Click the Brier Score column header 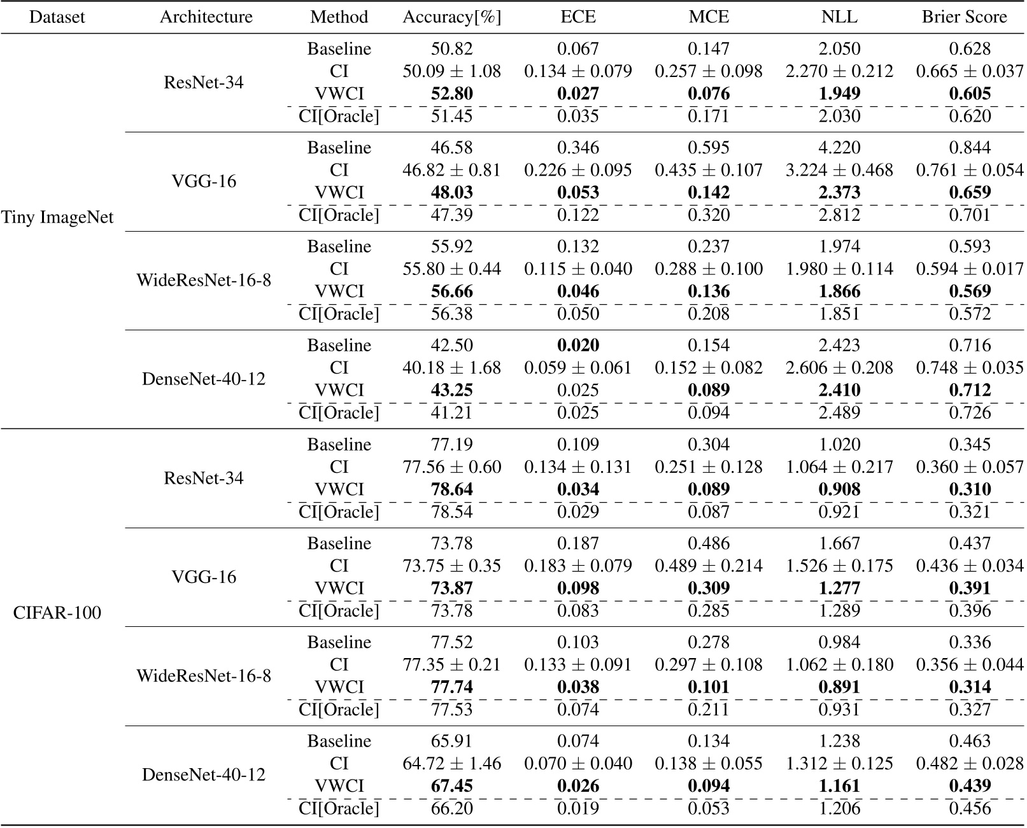(x=964, y=17)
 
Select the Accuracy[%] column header (x=451, y=17)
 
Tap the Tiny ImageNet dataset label (x=57, y=218)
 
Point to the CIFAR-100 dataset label (x=57, y=614)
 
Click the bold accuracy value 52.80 (x=451, y=94)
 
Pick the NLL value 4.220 (x=839, y=148)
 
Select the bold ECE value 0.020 (x=578, y=346)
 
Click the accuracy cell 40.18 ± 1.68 (x=451, y=368)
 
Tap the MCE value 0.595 (x=709, y=148)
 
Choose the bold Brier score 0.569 (x=970, y=291)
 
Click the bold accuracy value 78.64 (x=451, y=489)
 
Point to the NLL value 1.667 (x=839, y=544)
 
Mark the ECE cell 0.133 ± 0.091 (x=578, y=665)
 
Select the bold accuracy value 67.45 (x=451, y=786)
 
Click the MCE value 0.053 (x=709, y=808)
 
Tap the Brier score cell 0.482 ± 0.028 (x=970, y=764)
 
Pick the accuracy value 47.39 (x=451, y=215)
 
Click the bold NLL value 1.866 (x=839, y=291)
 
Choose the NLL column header (x=839, y=17)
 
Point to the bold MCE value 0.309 (x=709, y=588)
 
